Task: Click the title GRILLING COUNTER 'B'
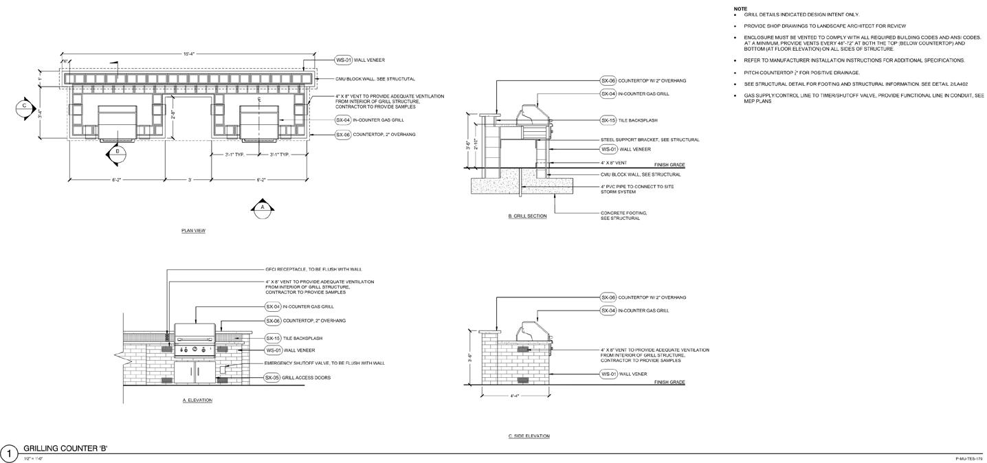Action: click(65, 449)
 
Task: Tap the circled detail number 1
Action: click(9, 453)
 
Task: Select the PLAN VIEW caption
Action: click(193, 231)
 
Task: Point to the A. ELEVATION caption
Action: click(197, 400)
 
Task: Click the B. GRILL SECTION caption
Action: click(527, 216)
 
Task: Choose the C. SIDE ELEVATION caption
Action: click(529, 436)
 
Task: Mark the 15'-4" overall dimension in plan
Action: click(188, 54)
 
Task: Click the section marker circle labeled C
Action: click(25, 106)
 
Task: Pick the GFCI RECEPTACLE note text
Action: click(313, 269)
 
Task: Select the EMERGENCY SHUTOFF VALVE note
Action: click(324, 363)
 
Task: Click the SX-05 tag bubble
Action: click(273, 378)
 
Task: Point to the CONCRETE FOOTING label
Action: click(624, 216)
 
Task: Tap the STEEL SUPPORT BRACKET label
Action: click(650, 140)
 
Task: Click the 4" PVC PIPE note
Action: click(637, 189)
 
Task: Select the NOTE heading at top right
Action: click(740, 9)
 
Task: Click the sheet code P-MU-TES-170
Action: click(969, 458)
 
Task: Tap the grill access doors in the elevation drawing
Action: click(195, 372)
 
